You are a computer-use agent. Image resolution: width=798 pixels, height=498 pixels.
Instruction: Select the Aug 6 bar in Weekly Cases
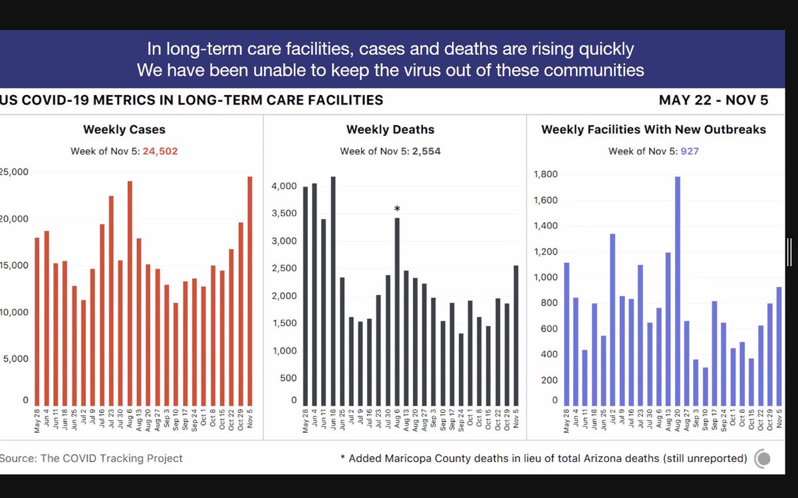(130, 293)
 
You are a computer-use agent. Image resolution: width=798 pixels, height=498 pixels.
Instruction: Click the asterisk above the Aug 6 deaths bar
(397, 210)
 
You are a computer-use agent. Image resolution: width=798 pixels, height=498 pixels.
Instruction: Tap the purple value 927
(689, 151)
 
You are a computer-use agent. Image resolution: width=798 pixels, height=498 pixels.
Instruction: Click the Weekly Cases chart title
(124, 130)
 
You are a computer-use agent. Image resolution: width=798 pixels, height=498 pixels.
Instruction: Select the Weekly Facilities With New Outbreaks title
(654, 130)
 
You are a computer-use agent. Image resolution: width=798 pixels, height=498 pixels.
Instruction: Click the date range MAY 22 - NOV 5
(714, 101)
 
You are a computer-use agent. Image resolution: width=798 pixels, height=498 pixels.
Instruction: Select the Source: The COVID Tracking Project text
(92, 458)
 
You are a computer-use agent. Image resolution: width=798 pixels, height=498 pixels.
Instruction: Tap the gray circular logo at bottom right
(763, 458)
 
